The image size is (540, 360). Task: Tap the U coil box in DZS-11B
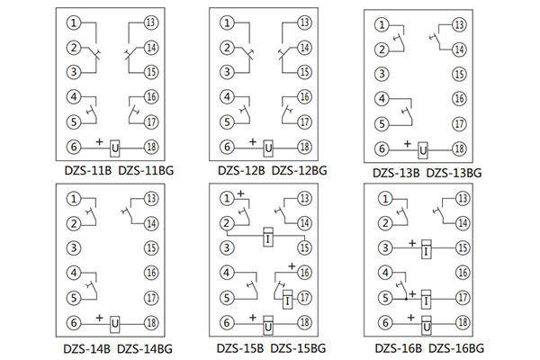click(115, 147)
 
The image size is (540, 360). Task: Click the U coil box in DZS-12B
click(267, 147)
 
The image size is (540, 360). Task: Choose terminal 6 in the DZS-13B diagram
click(382, 149)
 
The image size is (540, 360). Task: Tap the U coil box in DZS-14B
click(115, 323)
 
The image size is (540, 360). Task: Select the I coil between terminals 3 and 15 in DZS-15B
click(267, 237)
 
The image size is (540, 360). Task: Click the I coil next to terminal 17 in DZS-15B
click(287, 301)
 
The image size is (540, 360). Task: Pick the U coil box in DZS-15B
click(267, 323)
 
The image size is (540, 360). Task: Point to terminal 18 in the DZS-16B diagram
click(462, 322)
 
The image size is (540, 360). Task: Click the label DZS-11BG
click(147, 168)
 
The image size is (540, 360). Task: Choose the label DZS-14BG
click(147, 346)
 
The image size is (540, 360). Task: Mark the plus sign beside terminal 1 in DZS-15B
click(241, 194)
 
